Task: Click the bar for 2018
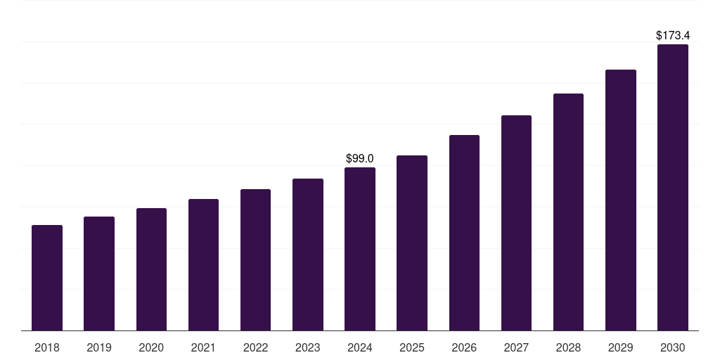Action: click(47, 278)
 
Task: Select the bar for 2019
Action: click(99, 274)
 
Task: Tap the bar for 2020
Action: click(151, 269)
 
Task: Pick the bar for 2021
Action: click(203, 264)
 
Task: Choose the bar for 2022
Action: click(255, 259)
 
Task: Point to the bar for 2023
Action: click(308, 255)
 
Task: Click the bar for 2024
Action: click(360, 249)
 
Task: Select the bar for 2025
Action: click(412, 243)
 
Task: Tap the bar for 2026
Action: click(464, 233)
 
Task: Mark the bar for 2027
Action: click(516, 223)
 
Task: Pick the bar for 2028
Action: click(568, 212)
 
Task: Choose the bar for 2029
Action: click(620, 200)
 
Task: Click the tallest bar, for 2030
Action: click(673, 187)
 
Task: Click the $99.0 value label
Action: click(360, 159)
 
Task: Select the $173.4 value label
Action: click(673, 35)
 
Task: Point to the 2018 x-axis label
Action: click(47, 347)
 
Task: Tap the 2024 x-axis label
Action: click(360, 347)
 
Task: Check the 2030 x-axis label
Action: click(673, 347)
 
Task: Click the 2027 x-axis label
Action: click(516, 347)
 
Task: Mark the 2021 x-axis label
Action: click(203, 347)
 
